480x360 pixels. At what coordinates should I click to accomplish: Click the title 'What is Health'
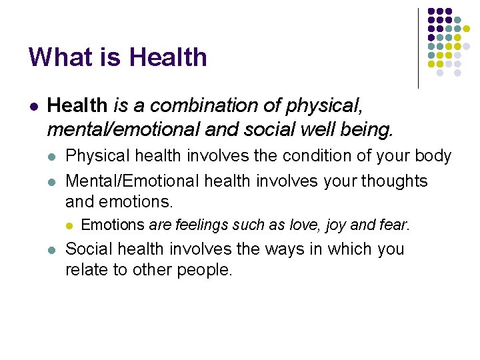pyautogui.click(x=117, y=57)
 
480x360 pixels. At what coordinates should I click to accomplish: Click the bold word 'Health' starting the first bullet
pyautogui.click(x=77, y=105)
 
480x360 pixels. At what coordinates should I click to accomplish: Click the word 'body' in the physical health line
pyautogui.click(x=433, y=156)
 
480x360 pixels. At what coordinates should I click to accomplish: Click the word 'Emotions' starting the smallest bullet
pyautogui.click(x=112, y=225)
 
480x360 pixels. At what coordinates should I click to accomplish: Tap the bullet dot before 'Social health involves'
pyautogui.click(x=52, y=250)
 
